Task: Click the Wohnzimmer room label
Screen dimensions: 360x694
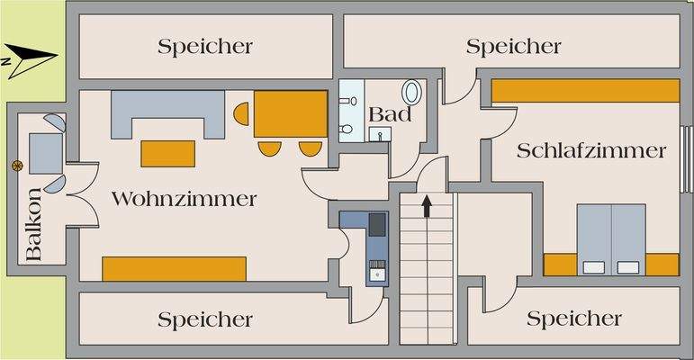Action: coord(184,199)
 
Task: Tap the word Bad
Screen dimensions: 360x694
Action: coord(390,115)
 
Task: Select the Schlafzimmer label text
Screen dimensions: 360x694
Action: coord(591,150)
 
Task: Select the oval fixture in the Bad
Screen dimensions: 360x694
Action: coord(413,93)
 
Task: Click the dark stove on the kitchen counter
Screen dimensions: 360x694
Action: coord(377,222)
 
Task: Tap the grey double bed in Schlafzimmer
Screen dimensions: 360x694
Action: coord(611,238)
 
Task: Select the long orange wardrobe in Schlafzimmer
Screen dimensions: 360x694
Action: coord(585,90)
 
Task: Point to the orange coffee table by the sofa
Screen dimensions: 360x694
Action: coord(168,153)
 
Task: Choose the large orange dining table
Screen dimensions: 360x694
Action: coord(290,114)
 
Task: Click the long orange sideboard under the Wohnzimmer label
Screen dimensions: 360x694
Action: coord(174,268)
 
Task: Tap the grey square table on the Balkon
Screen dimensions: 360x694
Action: coord(43,152)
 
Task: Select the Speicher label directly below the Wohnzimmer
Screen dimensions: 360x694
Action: coord(205,319)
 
